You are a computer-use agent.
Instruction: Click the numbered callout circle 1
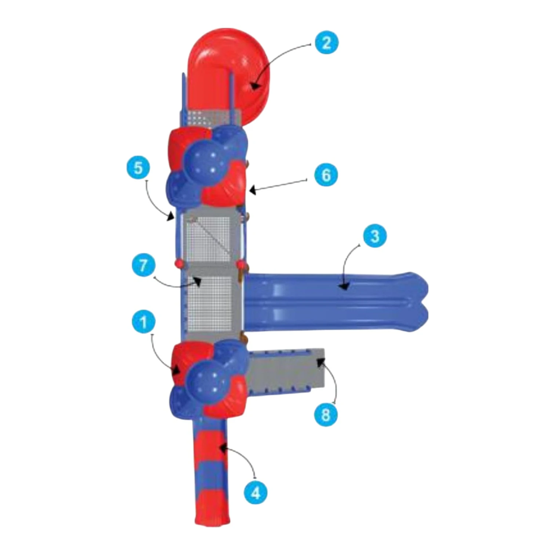pyautogui.click(x=144, y=322)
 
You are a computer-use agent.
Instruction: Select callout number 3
pyautogui.click(x=375, y=236)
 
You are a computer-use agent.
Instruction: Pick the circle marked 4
pyautogui.click(x=255, y=492)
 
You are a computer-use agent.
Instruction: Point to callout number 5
pyautogui.click(x=138, y=168)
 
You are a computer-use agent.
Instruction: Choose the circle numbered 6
pyautogui.click(x=326, y=175)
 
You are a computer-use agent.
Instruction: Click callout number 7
pyautogui.click(x=143, y=265)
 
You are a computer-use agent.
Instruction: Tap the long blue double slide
pyautogui.click(x=336, y=302)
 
